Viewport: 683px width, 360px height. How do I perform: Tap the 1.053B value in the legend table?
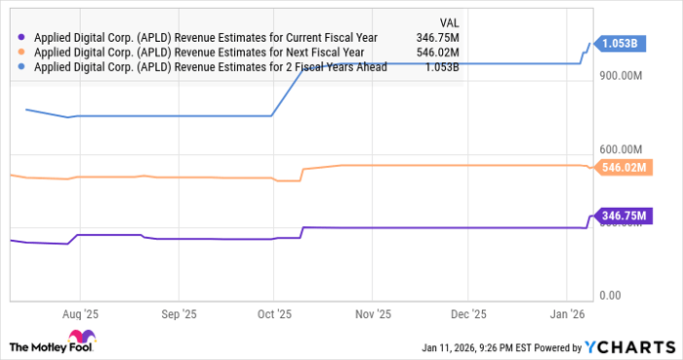(x=439, y=66)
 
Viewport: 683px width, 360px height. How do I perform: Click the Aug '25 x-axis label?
(x=79, y=315)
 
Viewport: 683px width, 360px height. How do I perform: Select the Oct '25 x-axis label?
(x=274, y=315)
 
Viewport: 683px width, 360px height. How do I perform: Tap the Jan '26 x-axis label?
(x=565, y=315)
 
